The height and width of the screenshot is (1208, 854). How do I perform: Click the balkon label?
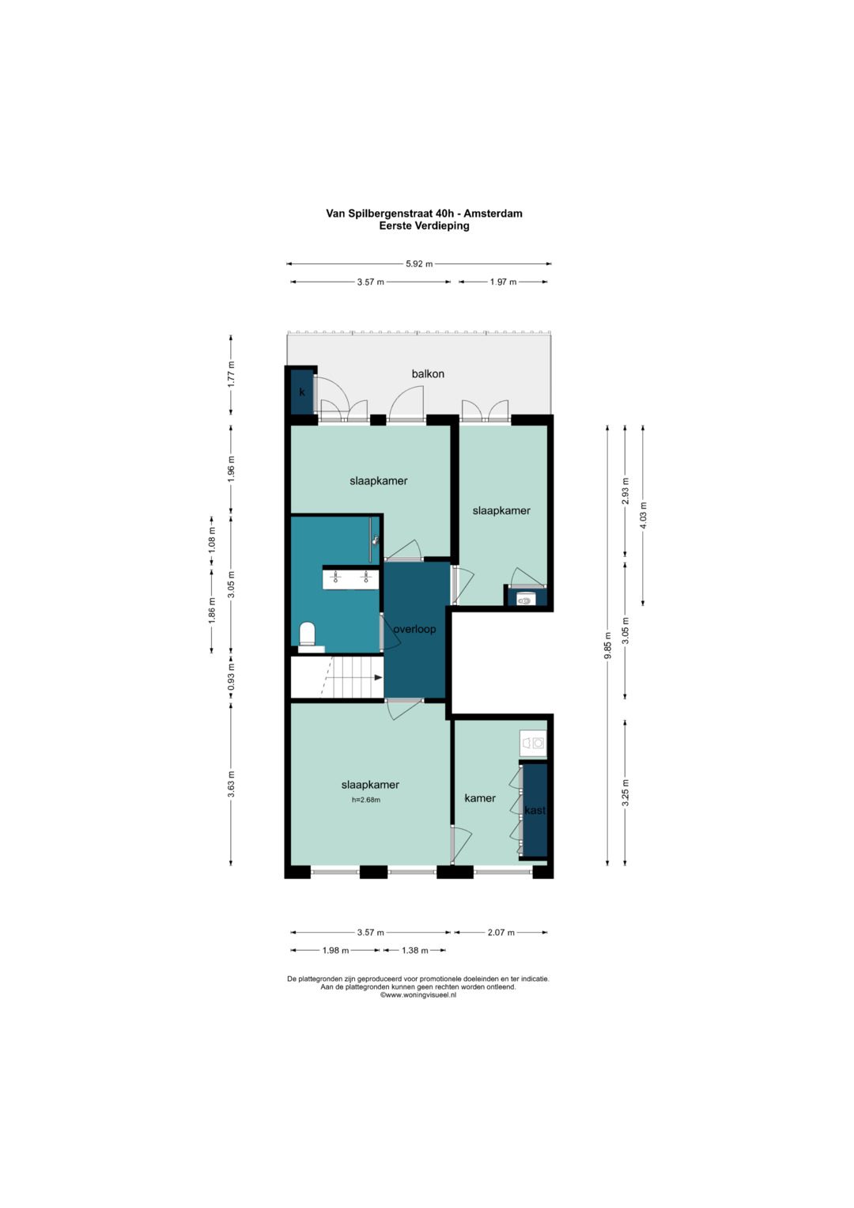(x=428, y=373)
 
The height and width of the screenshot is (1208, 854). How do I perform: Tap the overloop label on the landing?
(x=414, y=629)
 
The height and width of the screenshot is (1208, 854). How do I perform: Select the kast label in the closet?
(x=535, y=810)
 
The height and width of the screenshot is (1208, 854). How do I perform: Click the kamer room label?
(x=480, y=797)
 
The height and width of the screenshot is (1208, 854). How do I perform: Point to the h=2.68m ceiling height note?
(x=366, y=800)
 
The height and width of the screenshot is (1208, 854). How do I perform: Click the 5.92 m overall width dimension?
(x=419, y=263)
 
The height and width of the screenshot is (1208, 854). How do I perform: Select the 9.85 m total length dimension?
(x=607, y=646)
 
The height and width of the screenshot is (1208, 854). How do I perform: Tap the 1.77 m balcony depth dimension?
(x=231, y=373)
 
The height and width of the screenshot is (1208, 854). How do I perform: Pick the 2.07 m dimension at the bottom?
(x=501, y=932)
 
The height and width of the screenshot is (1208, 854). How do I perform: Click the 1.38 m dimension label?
(x=414, y=950)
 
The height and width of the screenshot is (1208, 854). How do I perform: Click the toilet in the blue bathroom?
(x=307, y=636)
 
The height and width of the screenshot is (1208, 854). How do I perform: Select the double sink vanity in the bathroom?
(x=350, y=577)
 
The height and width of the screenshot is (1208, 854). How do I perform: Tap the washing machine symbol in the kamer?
(x=533, y=743)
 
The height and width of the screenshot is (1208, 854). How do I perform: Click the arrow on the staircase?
(x=378, y=677)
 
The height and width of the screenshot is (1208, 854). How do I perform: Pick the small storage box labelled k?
(x=302, y=392)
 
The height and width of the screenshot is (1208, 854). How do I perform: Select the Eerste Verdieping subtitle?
(x=424, y=226)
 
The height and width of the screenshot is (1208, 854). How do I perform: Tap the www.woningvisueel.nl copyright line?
(x=418, y=995)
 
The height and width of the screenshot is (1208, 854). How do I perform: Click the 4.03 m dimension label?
(x=643, y=515)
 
